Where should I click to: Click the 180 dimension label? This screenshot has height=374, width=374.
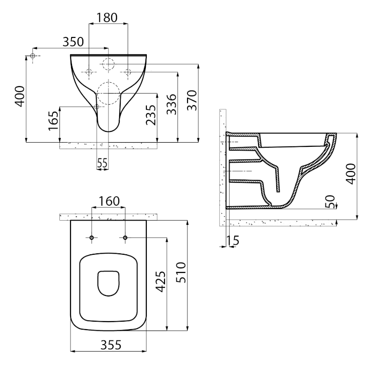[107, 18]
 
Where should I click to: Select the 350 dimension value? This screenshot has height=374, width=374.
[73, 42]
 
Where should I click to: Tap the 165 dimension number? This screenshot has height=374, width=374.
[53, 121]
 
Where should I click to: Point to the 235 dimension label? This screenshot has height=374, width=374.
[151, 115]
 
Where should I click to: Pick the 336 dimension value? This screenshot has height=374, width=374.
[172, 104]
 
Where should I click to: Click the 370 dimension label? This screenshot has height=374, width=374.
[192, 100]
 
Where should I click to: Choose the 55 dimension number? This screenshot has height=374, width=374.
[102, 163]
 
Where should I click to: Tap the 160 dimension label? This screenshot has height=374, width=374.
[109, 201]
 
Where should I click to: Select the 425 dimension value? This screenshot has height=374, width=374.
[160, 281]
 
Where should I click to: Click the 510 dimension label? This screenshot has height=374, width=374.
[181, 273]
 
